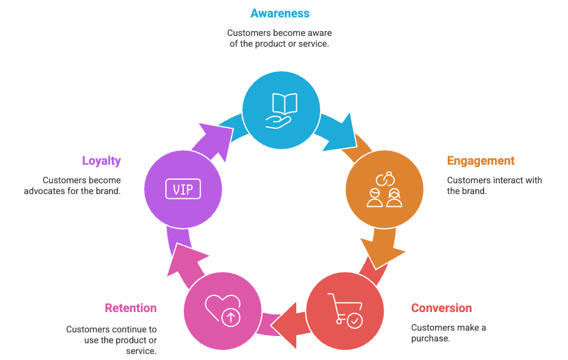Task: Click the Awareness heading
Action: click(280, 13)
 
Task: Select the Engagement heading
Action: click(481, 161)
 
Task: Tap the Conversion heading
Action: click(441, 308)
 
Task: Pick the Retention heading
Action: click(130, 308)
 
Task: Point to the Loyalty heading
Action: click(101, 161)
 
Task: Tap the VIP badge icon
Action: click(183, 190)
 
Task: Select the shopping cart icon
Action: click(345, 310)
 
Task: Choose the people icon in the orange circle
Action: click(384, 190)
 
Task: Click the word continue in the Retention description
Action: click(126, 329)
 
